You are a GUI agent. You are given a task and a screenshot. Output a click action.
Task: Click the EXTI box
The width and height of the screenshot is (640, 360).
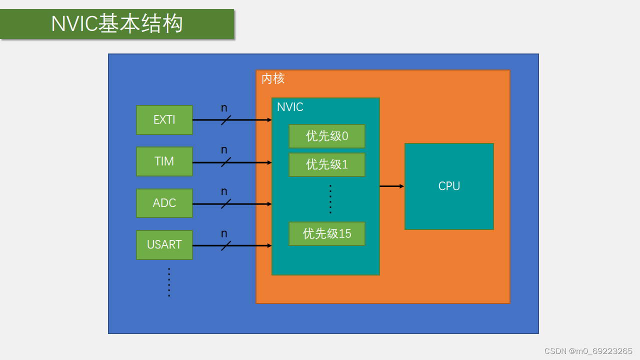coord(164,120)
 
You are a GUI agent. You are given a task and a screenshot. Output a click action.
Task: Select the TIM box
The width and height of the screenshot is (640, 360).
coord(164,161)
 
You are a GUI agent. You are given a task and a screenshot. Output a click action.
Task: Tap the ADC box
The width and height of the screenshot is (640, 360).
coord(164,203)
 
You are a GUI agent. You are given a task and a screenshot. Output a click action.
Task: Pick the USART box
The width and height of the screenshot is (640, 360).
coord(164,244)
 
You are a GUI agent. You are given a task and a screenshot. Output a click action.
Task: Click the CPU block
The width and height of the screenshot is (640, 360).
coord(449,186)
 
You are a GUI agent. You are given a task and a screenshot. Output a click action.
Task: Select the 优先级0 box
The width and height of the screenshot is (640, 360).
coord(327,136)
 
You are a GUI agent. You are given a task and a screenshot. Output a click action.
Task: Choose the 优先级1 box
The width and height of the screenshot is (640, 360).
coord(327,164)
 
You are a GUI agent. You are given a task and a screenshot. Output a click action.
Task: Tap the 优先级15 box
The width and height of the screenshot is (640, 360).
coord(327,233)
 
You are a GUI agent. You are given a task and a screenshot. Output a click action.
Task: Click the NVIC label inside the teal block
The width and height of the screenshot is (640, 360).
coord(290,107)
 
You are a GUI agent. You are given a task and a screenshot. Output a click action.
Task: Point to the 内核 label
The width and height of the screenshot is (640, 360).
coord(273,79)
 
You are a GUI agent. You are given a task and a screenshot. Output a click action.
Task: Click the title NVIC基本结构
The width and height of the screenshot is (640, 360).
coord(117,24)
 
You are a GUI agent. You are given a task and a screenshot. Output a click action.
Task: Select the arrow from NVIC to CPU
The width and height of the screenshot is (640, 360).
coord(391,186)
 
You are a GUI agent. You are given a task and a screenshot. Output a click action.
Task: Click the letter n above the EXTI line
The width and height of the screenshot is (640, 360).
coord(224,108)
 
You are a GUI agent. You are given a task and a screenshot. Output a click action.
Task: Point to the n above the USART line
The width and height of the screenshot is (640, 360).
coord(224,233)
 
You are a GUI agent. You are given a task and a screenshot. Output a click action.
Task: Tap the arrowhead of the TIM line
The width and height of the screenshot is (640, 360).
coord(269,162)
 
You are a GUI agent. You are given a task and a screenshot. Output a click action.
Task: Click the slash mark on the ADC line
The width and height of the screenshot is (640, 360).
coord(226,203)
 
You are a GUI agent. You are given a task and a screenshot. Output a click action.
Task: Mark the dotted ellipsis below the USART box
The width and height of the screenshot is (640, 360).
coord(169,282)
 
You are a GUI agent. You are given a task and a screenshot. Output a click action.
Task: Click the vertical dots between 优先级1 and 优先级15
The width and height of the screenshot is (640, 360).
coord(330,199)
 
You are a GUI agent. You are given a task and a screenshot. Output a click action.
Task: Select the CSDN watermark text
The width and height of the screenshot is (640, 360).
coord(588,351)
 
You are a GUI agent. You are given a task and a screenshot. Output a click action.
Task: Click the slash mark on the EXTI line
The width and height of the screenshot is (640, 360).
coord(226,120)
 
